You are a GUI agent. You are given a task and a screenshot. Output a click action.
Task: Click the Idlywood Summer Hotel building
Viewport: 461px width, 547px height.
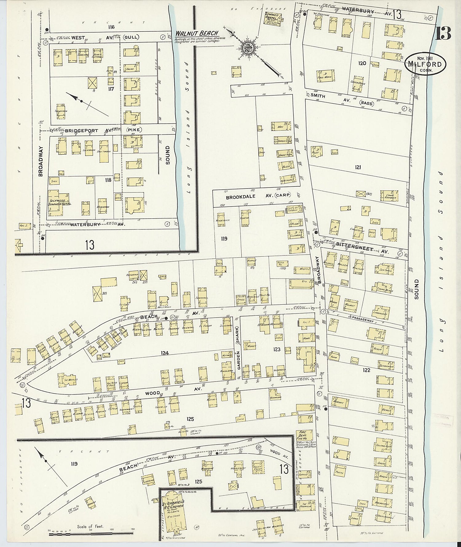58,203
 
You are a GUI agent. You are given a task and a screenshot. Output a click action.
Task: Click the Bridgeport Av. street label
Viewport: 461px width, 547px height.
81,130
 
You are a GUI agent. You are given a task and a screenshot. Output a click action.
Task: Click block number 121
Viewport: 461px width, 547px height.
358,167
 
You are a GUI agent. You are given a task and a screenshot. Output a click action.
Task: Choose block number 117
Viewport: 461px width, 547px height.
111,89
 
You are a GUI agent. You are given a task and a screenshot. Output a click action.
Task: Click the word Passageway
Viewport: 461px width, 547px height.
363,317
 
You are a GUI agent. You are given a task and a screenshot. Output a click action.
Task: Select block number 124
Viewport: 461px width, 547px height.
165,353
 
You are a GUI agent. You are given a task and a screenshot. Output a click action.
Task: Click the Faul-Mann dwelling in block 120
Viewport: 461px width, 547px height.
324,76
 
